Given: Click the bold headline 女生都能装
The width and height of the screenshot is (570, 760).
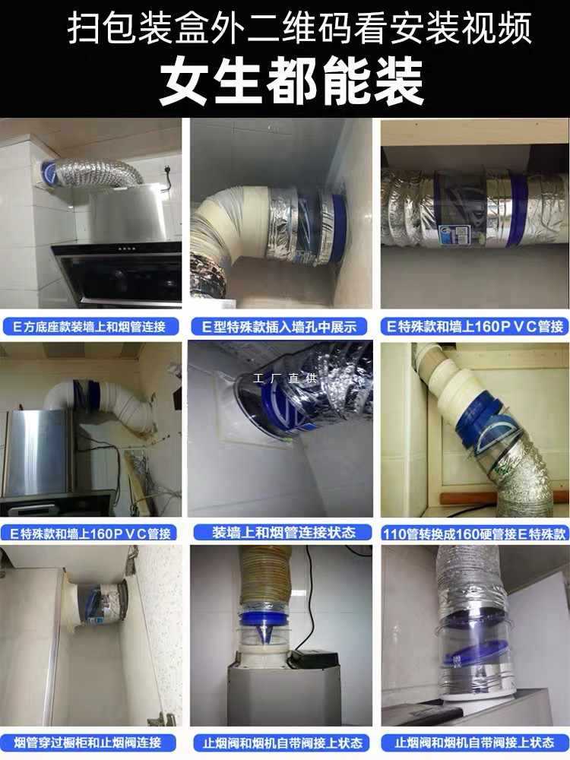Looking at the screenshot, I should click(x=291, y=83).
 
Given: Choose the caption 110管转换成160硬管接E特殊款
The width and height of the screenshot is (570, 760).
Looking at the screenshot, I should click(x=475, y=533).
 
